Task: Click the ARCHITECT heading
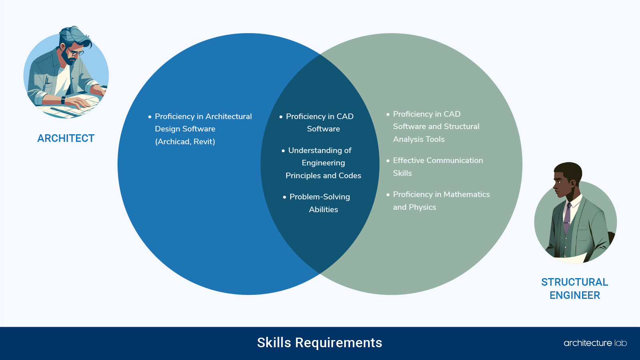click(x=66, y=138)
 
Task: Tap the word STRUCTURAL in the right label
click(x=574, y=282)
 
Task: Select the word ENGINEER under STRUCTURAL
click(x=574, y=295)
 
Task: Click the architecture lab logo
click(x=595, y=343)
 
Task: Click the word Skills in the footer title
click(x=274, y=343)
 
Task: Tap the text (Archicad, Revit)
click(x=185, y=141)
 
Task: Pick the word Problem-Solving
click(x=320, y=197)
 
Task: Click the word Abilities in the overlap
click(x=323, y=209)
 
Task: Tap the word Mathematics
click(x=467, y=194)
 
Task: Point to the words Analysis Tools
click(x=419, y=139)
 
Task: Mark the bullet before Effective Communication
click(x=388, y=161)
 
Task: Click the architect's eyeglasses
click(x=75, y=52)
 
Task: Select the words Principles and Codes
click(x=323, y=175)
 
